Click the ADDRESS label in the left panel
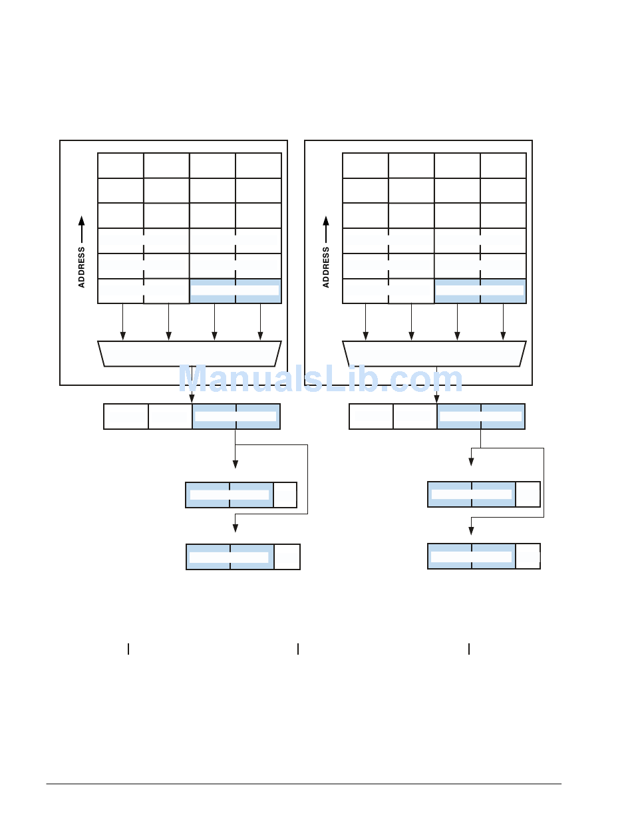tap(82, 267)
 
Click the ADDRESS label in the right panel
tap(326, 267)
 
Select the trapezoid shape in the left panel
tap(190, 353)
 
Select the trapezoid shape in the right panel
tap(434, 353)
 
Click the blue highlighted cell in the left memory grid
tap(236, 291)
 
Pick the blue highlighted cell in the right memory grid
tap(480, 291)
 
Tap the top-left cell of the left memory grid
tap(120, 166)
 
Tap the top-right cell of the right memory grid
tap(503, 166)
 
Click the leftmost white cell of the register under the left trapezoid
tap(126, 416)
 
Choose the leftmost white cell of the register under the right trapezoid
tap(371, 416)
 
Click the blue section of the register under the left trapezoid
tap(236, 416)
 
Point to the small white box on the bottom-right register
tap(528, 556)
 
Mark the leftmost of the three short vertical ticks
tap(128, 649)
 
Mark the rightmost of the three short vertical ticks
tap(468, 649)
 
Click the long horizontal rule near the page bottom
tap(303, 784)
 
